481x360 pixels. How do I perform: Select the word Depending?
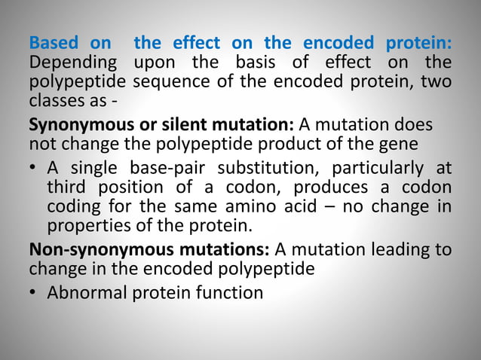pos(72,63)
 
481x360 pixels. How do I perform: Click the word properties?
pos(85,224)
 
